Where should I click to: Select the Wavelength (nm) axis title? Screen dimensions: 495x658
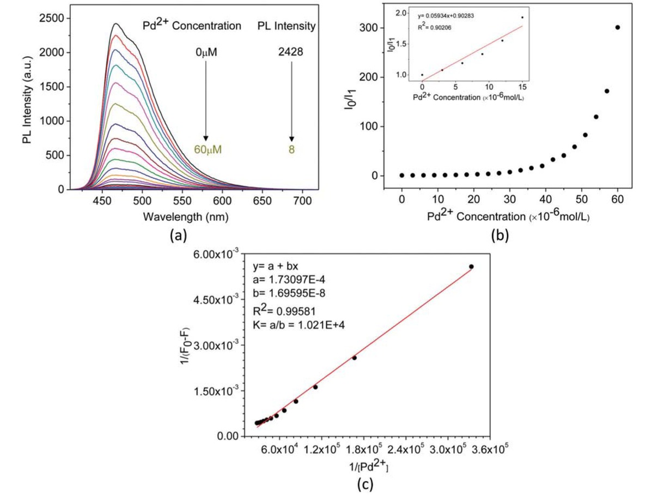[186, 216]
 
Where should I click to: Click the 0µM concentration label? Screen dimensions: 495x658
[206, 53]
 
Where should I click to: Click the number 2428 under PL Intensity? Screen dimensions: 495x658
[291, 53]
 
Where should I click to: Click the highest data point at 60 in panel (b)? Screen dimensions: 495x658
[617, 27]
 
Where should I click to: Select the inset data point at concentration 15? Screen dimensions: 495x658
[522, 17]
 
